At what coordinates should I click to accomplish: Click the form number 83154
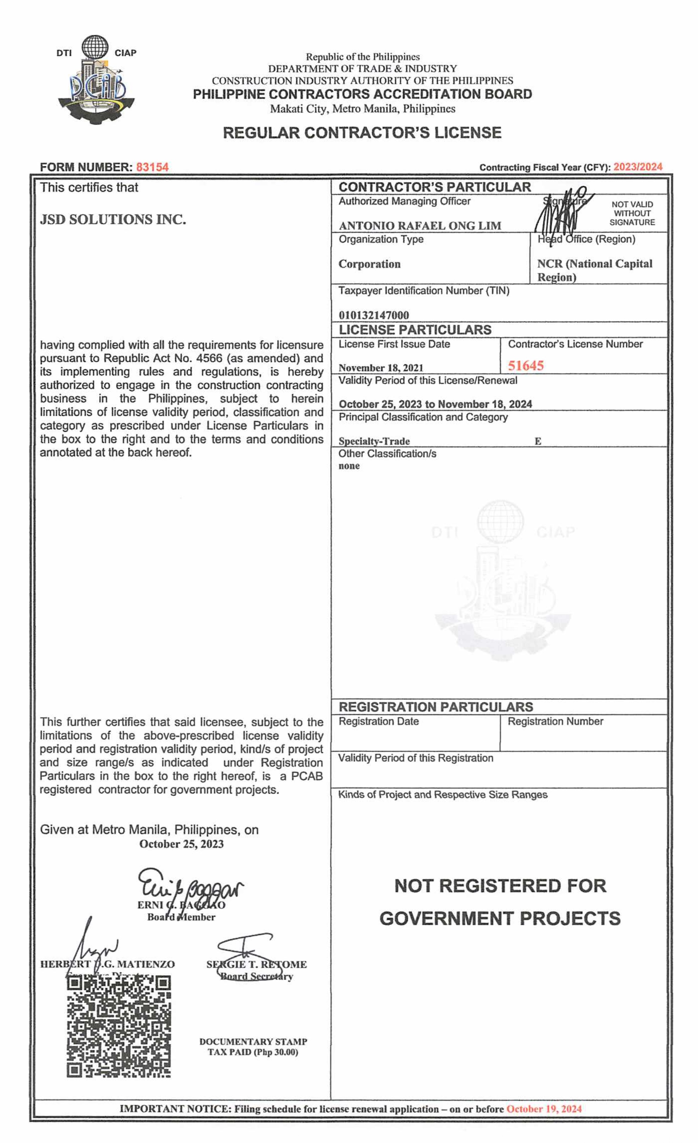click(x=152, y=167)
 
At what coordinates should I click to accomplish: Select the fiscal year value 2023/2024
click(x=637, y=167)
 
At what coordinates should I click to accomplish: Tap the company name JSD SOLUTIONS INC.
click(x=113, y=219)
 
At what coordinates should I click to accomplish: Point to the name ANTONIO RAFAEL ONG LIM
click(x=419, y=226)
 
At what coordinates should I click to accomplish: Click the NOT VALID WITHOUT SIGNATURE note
click(x=632, y=213)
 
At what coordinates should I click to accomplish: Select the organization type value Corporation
click(x=369, y=264)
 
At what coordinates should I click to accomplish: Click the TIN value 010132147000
click(x=374, y=315)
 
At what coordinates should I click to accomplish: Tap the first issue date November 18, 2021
click(x=381, y=368)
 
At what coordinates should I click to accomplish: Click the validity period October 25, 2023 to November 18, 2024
click(x=435, y=404)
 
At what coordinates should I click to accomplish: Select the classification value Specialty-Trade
click(x=374, y=441)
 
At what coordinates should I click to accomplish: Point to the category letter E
click(x=538, y=441)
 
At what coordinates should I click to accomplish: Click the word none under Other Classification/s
click(x=349, y=466)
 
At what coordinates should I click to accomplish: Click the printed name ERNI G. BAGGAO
click(x=181, y=905)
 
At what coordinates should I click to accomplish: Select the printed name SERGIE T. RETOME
click(x=256, y=964)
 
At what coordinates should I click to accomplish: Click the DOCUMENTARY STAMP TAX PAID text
click(x=253, y=1047)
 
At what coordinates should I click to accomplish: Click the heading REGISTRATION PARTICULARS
click(x=435, y=707)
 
